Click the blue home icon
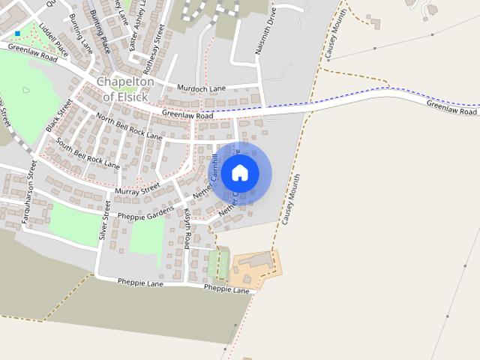click(240, 173)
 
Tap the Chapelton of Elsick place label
click(125, 88)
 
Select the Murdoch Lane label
click(201, 88)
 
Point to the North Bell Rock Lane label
click(129, 128)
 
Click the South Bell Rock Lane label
click(87, 153)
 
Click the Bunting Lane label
click(80, 34)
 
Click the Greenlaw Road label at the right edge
click(451, 108)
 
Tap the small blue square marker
click(17, 34)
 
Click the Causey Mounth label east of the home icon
click(291, 199)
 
